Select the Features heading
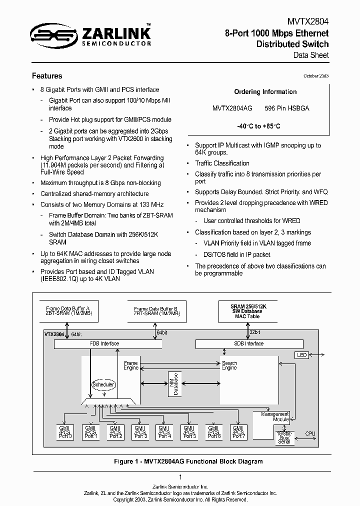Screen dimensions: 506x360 coord(47,76)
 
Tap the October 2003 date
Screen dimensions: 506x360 coord(316,75)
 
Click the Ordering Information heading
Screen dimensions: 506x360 coord(265,92)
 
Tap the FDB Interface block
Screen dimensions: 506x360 coord(104,344)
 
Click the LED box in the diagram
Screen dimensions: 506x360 coord(302,355)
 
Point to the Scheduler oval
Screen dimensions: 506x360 coord(103,384)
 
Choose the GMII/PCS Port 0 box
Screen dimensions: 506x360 coord(66,432)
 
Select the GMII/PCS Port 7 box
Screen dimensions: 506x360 coord(239,432)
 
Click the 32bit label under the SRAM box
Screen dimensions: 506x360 coord(254,332)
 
